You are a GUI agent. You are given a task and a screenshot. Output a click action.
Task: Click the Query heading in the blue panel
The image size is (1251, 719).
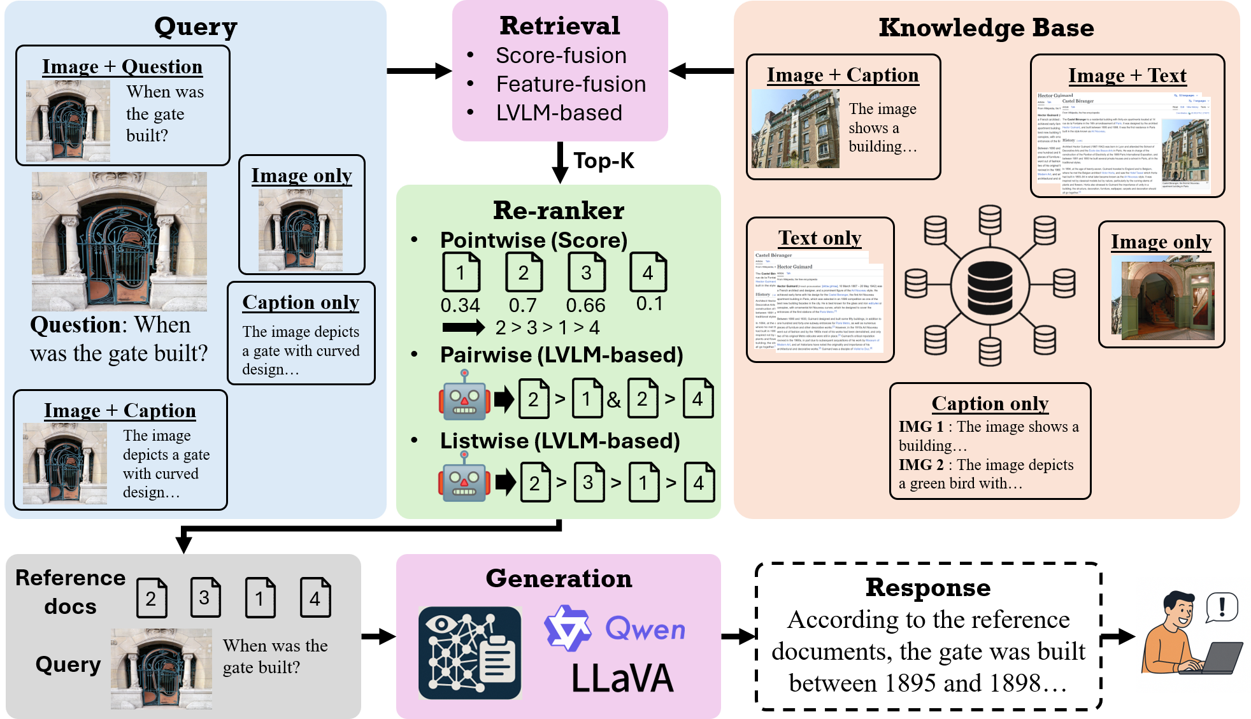(196, 27)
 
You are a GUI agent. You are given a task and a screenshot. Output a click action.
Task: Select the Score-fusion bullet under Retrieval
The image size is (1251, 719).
(561, 56)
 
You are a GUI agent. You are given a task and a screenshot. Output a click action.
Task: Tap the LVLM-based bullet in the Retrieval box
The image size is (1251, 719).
(559, 113)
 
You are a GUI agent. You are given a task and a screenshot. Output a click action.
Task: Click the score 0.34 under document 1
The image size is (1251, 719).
(460, 306)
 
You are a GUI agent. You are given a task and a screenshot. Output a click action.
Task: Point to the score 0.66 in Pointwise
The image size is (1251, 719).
(585, 306)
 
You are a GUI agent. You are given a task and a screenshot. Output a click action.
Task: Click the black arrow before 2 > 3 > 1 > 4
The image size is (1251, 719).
(463, 327)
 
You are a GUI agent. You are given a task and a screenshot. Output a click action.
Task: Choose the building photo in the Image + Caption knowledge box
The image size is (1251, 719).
(795, 129)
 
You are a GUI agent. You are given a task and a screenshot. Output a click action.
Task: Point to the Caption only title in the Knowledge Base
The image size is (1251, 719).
(990, 404)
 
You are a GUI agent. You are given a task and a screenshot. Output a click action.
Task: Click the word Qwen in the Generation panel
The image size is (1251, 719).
(645, 629)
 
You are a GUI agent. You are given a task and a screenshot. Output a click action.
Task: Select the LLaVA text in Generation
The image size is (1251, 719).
(622, 678)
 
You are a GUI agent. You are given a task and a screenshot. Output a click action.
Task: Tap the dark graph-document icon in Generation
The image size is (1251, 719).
(469, 653)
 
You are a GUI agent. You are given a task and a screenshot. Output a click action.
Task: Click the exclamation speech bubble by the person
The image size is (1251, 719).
(1222, 607)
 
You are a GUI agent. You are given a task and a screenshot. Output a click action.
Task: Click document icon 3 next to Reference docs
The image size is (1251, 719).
(205, 597)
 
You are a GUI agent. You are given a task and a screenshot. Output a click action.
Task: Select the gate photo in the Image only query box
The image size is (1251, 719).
(300, 230)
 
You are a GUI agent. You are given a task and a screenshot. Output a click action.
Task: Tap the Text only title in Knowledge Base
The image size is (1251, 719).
(820, 238)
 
